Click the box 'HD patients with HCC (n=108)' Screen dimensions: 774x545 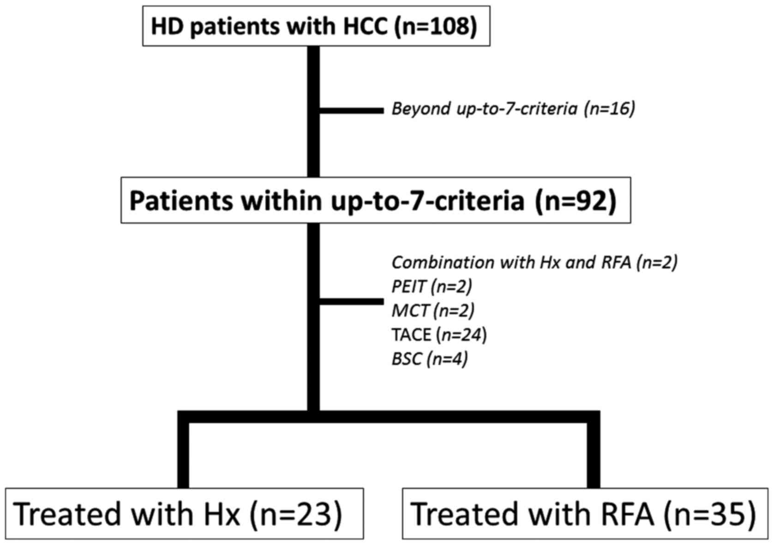point(316,26)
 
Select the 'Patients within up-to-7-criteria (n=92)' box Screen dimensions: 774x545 point(375,200)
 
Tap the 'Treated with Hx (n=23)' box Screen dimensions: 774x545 point(184,513)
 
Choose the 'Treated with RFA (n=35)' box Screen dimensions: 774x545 point(585,513)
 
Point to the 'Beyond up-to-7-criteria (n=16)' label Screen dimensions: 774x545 point(513,109)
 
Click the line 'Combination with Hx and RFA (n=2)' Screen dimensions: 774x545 point(534,263)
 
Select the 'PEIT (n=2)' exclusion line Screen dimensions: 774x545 point(432,287)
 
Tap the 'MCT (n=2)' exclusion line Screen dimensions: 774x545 point(432,311)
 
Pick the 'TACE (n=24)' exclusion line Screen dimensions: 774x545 point(438,334)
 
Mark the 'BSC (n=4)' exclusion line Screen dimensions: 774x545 point(429,359)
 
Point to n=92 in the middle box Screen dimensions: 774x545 point(576,201)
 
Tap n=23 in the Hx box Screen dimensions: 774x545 point(296,514)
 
